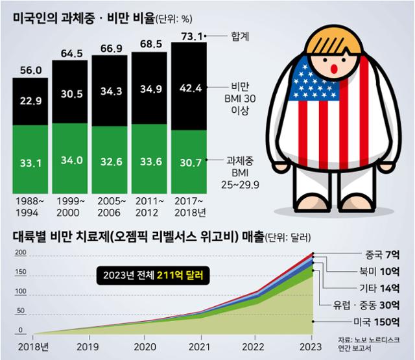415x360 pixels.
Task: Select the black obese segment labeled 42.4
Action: click(x=189, y=88)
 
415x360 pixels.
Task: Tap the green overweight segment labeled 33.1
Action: click(x=30, y=163)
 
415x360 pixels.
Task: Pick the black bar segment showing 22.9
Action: click(x=30, y=101)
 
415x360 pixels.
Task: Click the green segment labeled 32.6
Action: click(x=110, y=163)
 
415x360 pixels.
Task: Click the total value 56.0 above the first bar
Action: click(x=30, y=70)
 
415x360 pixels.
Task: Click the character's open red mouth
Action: click(x=335, y=67)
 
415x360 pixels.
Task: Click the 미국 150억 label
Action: click(x=380, y=322)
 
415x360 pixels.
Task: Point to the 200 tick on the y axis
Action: click(x=20, y=253)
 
